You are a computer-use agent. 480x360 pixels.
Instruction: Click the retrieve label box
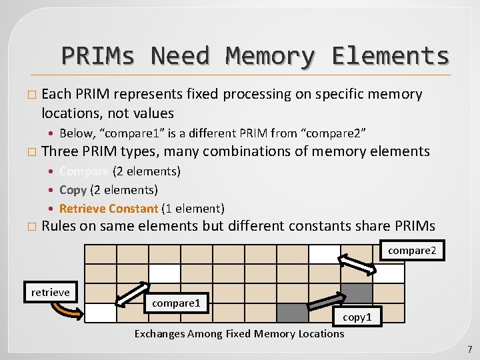(x=50, y=292)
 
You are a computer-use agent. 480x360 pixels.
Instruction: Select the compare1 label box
(x=176, y=303)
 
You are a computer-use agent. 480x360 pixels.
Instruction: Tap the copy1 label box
(x=357, y=317)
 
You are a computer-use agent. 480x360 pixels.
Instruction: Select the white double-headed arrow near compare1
(x=131, y=297)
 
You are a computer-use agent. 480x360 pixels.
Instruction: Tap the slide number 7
(x=469, y=349)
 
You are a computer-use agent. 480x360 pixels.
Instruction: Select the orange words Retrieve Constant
(x=109, y=209)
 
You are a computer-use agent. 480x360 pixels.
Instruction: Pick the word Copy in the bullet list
(x=73, y=190)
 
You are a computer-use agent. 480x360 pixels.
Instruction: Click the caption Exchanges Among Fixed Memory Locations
(x=239, y=333)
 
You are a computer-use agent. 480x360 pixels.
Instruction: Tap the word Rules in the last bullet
(x=59, y=226)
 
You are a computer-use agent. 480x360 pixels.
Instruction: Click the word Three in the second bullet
(x=60, y=151)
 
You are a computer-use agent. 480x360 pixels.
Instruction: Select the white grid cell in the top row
(x=325, y=254)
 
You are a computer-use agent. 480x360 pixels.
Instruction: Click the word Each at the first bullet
(x=56, y=94)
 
